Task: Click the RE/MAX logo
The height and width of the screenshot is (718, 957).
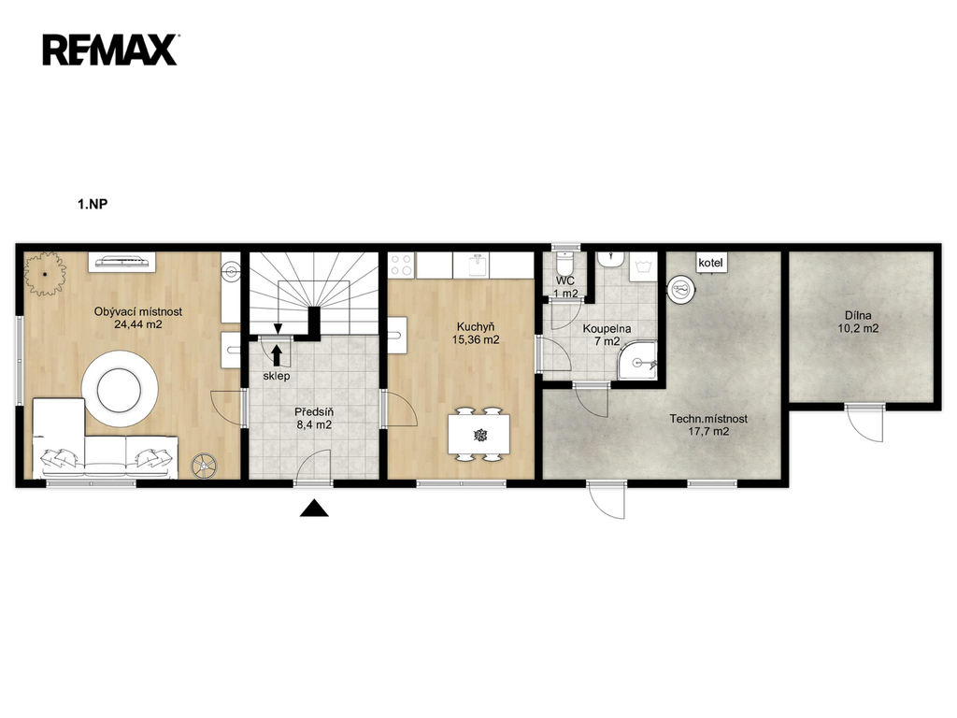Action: pos(110,50)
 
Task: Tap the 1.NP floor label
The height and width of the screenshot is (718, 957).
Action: pos(93,204)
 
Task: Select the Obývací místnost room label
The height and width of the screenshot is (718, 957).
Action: pos(138,311)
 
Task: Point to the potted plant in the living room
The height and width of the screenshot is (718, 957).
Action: pos(45,274)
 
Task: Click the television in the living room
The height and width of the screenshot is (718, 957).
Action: pos(122,262)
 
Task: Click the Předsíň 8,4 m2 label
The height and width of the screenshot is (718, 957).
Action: pos(314,418)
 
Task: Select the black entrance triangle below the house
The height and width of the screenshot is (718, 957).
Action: pos(314,508)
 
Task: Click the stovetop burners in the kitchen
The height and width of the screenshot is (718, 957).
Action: pos(402,266)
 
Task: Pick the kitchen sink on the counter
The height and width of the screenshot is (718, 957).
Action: pos(478,265)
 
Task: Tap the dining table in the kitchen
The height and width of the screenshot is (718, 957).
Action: pos(479,434)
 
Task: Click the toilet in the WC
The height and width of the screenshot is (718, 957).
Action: pos(565,264)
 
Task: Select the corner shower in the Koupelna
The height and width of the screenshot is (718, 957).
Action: pos(638,360)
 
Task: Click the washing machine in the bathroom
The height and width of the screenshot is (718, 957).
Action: pos(643,266)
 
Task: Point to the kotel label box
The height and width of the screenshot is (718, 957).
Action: pos(710,263)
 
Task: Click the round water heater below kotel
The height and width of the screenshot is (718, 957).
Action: pos(681,290)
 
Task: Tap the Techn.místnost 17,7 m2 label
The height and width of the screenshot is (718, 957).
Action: pos(708,425)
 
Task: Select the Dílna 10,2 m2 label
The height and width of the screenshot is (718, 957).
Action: pos(858,322)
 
